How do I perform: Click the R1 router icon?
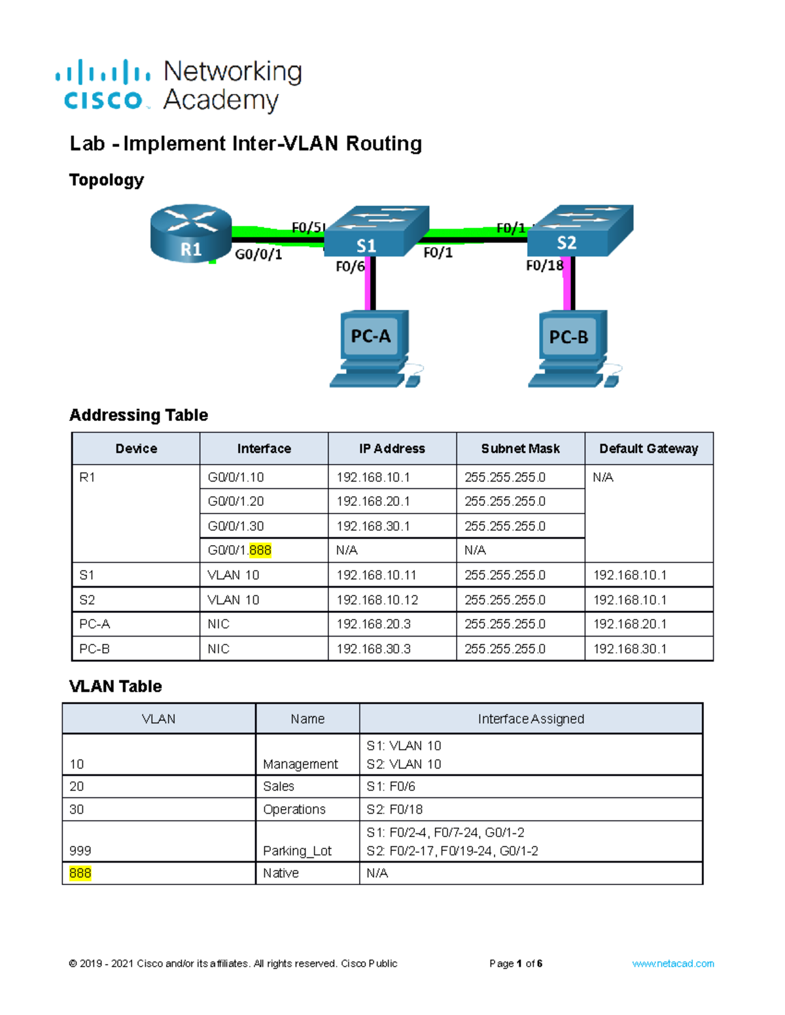(x=190, y=234)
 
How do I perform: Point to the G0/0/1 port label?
(x=258, y=254)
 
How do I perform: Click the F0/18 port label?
(x=544, y=265)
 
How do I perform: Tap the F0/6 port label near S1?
(x=350, y=267)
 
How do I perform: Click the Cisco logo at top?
(x=103, y=86)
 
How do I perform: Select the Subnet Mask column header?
(x=520, y=449)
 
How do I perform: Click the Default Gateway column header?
(x=648, y=449)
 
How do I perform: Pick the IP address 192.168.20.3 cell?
(x=374, y=624)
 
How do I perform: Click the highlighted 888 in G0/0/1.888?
(x=260, y=550)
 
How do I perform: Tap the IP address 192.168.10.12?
(x=377, y=600)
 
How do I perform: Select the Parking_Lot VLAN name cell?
(x=298, y=850)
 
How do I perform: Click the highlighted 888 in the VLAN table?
(x=80, y=873)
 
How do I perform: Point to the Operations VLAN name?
(x=294, y=809)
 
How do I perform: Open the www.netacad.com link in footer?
(x=672, y=963)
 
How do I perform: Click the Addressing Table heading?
(x=139, y=415)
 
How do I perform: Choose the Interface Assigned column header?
(x=531, y=719)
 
